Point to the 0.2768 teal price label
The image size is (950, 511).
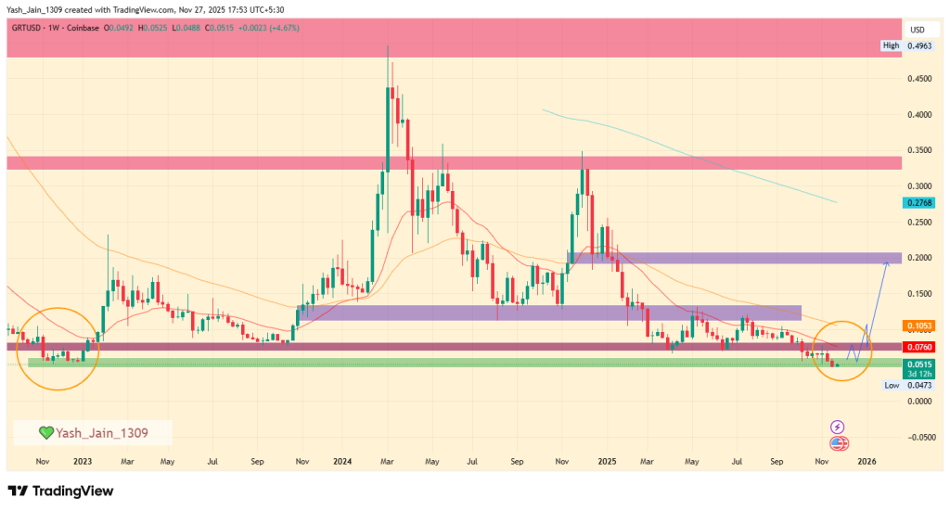pos(918,201)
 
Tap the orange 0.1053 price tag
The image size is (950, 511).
pos(918,326)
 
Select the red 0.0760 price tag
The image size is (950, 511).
pos(918,347)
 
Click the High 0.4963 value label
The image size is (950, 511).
pos(905,45)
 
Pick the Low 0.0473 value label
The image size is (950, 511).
pos(905,384)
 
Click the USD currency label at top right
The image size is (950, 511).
pos(918,29)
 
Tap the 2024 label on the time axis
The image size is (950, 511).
pos(342,460)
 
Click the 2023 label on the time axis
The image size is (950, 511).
pos(83,460)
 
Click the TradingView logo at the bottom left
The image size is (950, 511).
pos(60,491)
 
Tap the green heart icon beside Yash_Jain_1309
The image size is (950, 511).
pos(45,432)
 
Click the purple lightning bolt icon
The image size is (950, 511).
pos(838,427)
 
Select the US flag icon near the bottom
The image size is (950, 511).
pos(838,444)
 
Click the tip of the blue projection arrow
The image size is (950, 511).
pos(888,262)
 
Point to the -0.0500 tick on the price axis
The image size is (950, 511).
pos(918,437)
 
